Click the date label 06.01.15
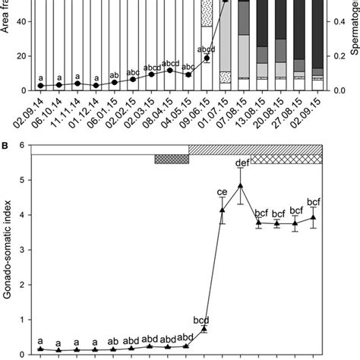point(114,112)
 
